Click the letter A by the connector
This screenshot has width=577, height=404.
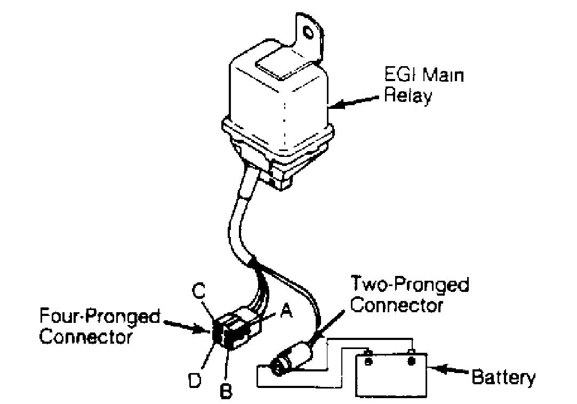tap(286, 312)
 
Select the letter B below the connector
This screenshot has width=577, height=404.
tap(226, 392)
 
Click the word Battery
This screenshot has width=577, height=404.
tap(503, 378)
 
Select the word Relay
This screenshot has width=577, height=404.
tap(408, 96)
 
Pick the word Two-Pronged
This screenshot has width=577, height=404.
tap(410, 284)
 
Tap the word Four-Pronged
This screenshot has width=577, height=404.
tap(100, 316)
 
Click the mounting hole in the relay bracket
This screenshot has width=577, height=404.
tap(307, 33)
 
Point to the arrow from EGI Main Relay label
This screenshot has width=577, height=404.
tap(353, 102)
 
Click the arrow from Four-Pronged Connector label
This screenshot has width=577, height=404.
tap(187, 326)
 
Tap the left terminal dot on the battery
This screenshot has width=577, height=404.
tap(367, 361)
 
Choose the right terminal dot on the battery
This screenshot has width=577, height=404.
tap(412, 361)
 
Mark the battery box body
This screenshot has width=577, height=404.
tap(391, 375)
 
